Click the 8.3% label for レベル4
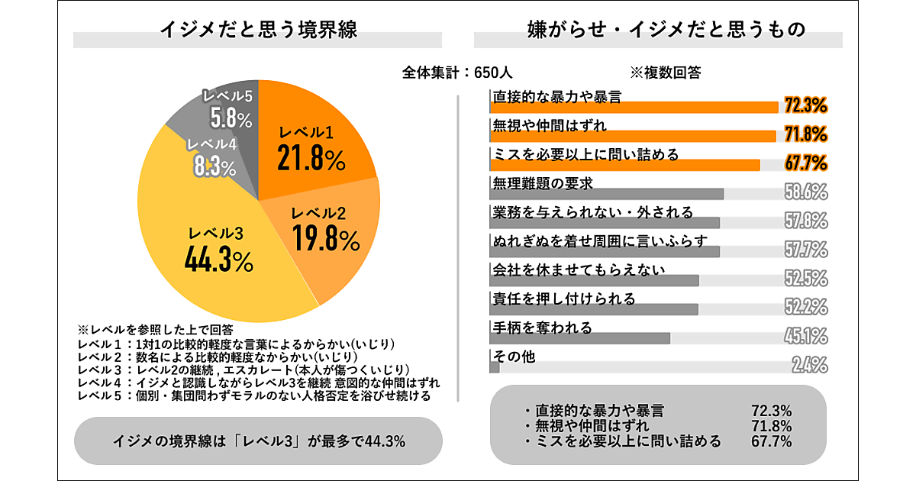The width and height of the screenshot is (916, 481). coord(214,168)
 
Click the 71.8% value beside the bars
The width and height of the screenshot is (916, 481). coord(806,134)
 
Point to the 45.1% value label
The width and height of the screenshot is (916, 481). coord(806,336)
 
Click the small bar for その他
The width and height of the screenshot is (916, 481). coord(494,367)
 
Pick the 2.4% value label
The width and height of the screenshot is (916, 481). coord(809,365)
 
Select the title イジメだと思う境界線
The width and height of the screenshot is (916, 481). coord(259,30)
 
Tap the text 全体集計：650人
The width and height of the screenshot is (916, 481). coord(457,73)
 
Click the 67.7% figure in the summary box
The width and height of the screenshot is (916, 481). coord(772,441)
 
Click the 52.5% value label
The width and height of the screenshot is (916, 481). coord(806,278)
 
